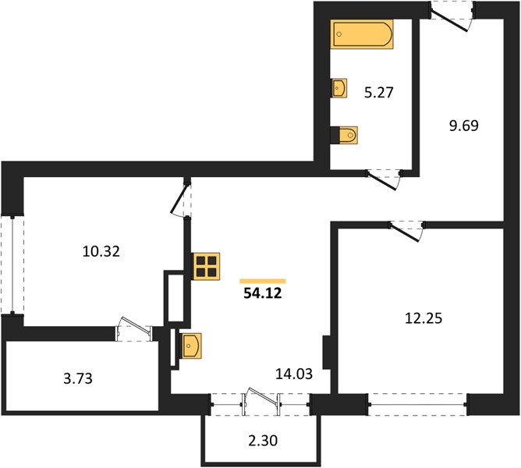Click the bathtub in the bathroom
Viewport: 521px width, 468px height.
[x=362, y=34]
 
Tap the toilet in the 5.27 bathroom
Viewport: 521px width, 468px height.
[x=344, y=135]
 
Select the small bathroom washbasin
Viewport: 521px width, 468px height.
[x=339, y=88]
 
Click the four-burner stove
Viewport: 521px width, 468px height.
[x=206, y=267]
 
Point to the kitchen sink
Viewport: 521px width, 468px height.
[x=190, y=346]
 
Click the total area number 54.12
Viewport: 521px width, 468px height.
[x=263, y=293]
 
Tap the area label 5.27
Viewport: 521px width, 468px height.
[x=379, y=92]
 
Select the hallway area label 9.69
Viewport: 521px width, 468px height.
[x=464, y=126]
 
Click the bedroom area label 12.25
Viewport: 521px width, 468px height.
[x=424, y=318]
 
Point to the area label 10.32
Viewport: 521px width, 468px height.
[x=101, y=251]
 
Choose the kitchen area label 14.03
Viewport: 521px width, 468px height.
[x=294, y=374]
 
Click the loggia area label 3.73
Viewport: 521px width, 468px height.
[x=78, y=378]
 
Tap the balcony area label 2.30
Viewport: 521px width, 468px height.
[x=263, y=441]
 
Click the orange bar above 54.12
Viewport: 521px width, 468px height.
[x=263, y=282]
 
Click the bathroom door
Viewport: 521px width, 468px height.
[x=384, y=179]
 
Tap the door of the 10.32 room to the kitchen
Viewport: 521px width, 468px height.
[x=180, y=200]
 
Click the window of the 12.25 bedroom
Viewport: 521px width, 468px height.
[x=418, y=405]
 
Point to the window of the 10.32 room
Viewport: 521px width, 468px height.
[x=12, y=265]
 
